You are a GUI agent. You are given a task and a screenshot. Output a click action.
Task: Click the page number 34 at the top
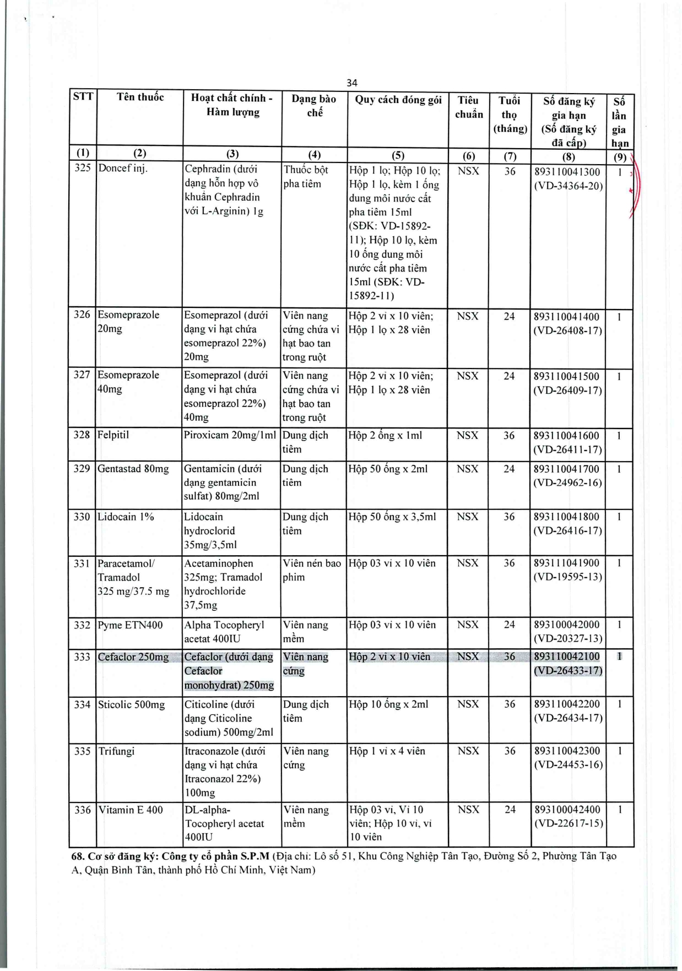[x=352, y=83]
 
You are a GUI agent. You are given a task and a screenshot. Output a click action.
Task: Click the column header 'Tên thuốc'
[x=140, y=97]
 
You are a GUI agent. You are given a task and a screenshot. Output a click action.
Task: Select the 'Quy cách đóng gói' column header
[x=398, y=100]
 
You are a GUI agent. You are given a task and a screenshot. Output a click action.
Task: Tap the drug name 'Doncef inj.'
[x=123, y=168]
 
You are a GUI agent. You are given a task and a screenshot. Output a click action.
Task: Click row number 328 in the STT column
[x=82, y=435]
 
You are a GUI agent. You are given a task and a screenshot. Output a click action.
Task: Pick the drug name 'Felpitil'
[x=113, y=435]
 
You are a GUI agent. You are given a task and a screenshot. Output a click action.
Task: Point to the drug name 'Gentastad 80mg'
[x=133, y=469]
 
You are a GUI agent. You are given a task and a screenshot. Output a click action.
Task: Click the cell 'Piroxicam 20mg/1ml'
[x=230, y=435]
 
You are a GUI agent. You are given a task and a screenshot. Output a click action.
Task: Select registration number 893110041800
[x=567, y=517]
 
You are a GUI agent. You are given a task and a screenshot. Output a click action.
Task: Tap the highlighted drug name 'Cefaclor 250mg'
[x=133, y=657]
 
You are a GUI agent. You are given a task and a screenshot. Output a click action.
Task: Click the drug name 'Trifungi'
[x=116, y=751]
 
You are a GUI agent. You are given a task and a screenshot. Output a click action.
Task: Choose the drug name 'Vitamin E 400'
[x=131, y=810]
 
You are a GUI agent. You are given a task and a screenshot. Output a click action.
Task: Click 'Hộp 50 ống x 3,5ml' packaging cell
[x=392, y=517]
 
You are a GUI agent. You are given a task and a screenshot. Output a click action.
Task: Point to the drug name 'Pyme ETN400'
[x=130, y=625]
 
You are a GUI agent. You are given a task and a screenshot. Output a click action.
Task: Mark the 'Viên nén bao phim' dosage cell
[x=312, y=570]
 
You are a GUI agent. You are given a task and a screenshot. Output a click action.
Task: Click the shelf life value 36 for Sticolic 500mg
[x=510, y=704]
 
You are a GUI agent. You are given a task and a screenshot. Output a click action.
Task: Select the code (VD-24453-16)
[x=568, y=764]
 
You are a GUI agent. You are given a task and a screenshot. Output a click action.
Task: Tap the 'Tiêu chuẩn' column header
[x=468, y=107]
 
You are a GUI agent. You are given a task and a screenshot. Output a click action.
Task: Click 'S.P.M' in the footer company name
[x=255, y=856]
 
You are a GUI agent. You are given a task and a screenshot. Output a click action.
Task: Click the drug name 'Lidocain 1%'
[x=126, y=517]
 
